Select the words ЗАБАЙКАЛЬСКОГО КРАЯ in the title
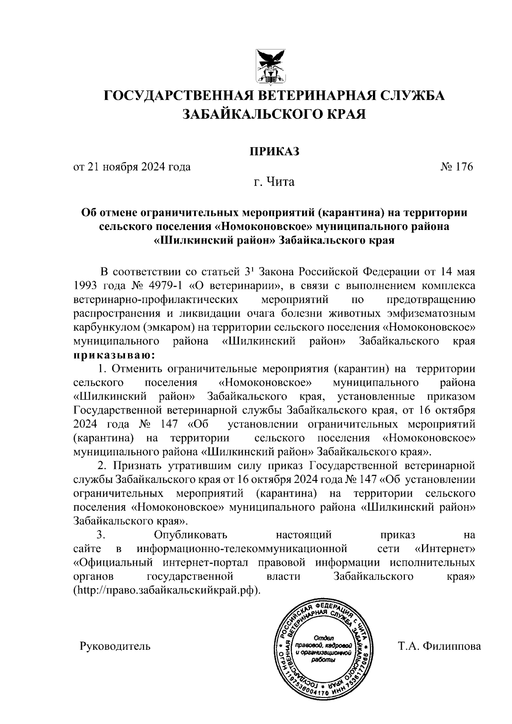[274, 114]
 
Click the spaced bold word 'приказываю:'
[114, 355]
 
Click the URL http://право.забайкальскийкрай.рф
[166, 591]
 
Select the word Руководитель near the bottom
[115, 646]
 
